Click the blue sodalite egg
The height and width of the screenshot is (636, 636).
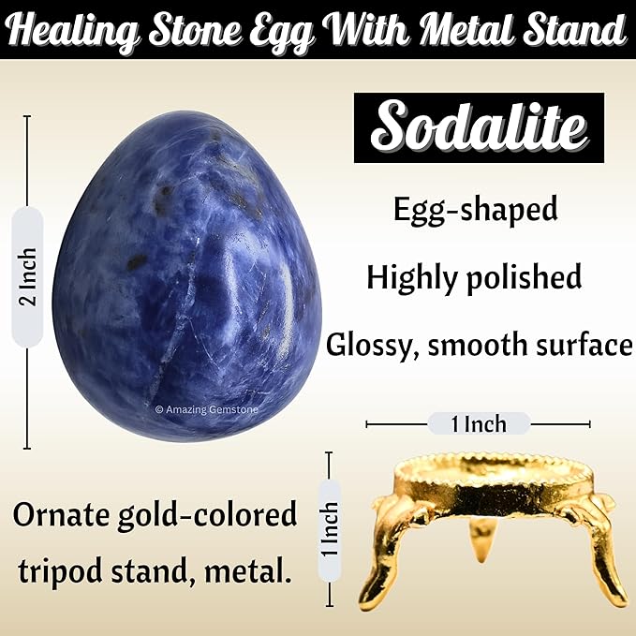186,275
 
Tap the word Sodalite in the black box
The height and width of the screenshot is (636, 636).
479,127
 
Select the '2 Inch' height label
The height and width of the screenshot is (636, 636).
27,277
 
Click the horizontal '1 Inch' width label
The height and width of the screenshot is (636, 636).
479,424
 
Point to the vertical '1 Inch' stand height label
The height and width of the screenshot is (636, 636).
330,529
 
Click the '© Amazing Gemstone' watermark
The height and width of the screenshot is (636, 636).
206,409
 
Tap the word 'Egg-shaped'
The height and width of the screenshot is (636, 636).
476,210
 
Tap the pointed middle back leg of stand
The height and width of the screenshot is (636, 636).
481,540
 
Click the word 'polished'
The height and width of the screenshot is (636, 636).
524,278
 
